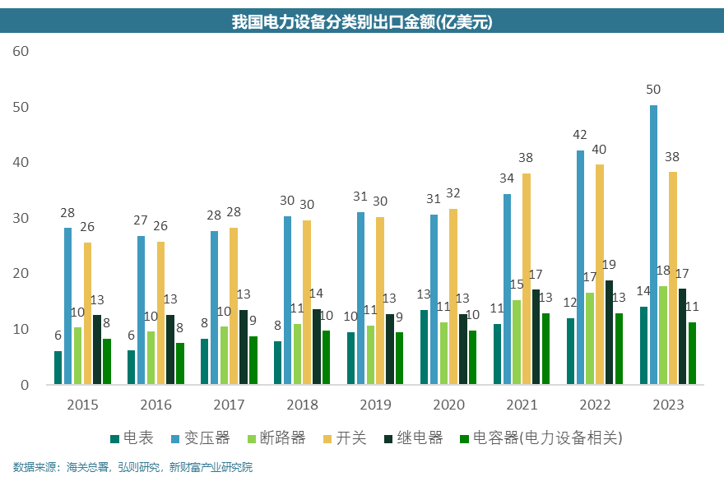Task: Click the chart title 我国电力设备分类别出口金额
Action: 362,22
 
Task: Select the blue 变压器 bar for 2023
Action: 653,245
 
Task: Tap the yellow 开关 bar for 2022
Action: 600,275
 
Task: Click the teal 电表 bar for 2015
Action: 58,368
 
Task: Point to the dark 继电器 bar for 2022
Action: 610,332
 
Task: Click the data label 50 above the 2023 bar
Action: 653,89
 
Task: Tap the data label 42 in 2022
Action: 580,134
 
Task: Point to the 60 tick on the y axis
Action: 21,51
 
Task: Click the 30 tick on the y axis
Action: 21,218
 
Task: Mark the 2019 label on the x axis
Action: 375,405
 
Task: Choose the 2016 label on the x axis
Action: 155,405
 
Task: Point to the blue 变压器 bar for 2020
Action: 434,299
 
